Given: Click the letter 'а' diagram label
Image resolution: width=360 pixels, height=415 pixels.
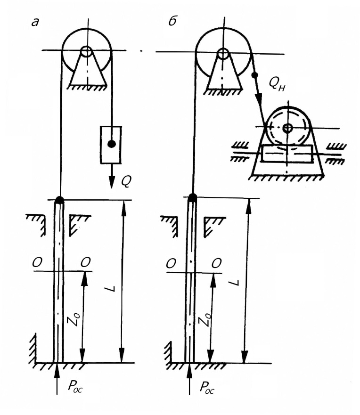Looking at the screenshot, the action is (x=35, y=22).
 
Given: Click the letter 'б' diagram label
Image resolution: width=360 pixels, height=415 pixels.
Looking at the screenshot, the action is (x=173, y=21).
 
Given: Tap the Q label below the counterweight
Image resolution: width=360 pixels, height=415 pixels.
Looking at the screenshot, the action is (x=126, y=181).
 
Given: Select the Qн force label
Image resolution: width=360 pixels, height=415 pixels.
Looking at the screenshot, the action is (x=277, y=84).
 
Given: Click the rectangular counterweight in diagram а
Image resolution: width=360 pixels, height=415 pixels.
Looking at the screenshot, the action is (x=111, y=145).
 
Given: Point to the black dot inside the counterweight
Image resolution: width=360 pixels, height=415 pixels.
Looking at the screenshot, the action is (x=112, y=144).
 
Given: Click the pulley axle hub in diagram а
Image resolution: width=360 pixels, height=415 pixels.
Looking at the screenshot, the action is (x=86, y=51).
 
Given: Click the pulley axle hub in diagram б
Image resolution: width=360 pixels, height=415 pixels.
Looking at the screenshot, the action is (x=223, y=54).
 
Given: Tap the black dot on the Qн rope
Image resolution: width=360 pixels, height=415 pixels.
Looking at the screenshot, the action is (x=254, y=75).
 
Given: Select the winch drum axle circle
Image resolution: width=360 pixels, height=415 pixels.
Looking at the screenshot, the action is (x=287, y=129).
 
